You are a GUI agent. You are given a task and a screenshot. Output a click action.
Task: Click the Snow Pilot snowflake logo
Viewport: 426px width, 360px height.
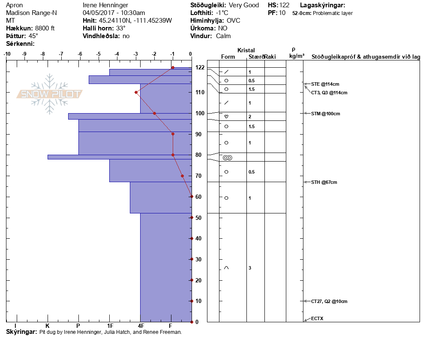[x=50, y=94]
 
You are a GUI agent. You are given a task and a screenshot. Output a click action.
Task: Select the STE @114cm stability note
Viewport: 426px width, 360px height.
[x=322, y=84]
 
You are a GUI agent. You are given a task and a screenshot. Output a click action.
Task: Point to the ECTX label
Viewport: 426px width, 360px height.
[x=318, y=319]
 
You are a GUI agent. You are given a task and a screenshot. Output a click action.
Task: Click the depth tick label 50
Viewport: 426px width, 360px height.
[x=200, y=218]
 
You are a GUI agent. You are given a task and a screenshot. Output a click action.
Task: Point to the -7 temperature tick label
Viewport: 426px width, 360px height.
[x=61, y=54]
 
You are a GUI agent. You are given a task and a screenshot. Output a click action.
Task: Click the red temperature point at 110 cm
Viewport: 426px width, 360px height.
[x=136, y=92]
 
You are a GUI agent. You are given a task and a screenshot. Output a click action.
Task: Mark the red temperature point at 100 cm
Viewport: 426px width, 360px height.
[x=154, y=113]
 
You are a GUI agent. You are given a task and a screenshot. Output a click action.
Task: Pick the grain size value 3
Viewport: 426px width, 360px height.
[x=249, y=268]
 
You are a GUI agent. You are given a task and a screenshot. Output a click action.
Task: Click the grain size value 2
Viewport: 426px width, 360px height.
[x=249, y=117]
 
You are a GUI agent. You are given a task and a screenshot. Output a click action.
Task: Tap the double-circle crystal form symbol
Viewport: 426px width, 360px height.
[x=228, y=158]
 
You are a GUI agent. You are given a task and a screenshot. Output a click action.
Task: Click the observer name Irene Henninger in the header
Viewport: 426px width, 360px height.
[x=105, y=5]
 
